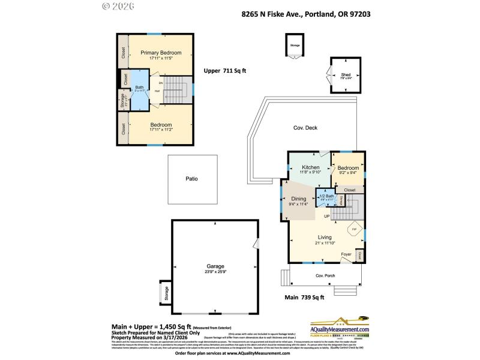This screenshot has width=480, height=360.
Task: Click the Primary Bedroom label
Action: pyautogui.click(x=161, y=53)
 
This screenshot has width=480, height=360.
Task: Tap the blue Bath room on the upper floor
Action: pyautogui.click(x=139, y=91)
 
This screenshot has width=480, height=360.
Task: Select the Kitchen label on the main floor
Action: pyautogui.click(x=310, y=167)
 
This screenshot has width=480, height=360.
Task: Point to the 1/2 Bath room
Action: pyautogui.click(x=324, y=197)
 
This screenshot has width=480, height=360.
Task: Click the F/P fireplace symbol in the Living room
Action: pyautogui.click(x=355, y=229)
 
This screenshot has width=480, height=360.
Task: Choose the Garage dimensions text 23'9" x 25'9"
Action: pyautogui.click(x=215, y=271)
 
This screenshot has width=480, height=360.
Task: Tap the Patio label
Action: pyautogui.click(x=191, y=179)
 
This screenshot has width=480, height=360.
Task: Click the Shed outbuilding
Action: pyautogui.click(x=346, y=76)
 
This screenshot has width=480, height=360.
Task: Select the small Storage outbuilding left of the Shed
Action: pyautogui.click(x=295, y=46)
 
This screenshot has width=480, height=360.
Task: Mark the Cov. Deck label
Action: pyautogui.click(x=305, y=128)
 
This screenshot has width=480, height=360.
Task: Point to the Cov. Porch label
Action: pyautogui.click(x=326, y=275)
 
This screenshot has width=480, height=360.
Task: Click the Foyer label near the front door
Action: pyautogui.click(x=346, y=254)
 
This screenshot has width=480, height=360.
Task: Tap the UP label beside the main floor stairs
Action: pyautogui.click(x=326, y=216)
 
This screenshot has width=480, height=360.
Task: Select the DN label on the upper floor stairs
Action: pyautogui.click(x=161, y=83)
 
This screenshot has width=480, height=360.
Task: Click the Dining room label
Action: pyautogui.click(x=299, y=199)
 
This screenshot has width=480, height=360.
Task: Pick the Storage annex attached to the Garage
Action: pyautogui.click(x=166, y=293)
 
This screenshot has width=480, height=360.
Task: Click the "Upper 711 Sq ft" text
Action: pyautogui.click(x=224, y=70)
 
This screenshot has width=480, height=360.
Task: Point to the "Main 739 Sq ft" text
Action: pyautogui.click(x=304, y=297)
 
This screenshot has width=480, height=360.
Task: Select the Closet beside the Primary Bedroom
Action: pyautogui.click(x=123, y=53)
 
